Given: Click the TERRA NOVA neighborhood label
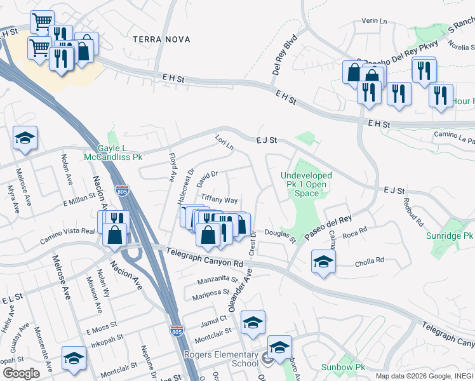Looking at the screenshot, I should pyautogui.click(x=161, y=39).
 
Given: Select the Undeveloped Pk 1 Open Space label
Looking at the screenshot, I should pyautogui.click(x=306, y=184).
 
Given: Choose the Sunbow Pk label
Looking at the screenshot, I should pyautogui.click(x=342, y=367).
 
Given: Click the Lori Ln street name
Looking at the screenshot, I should pyautogui.click(x=224, y=142).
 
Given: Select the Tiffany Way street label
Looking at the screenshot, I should pyautogui.click(x=219, y=199).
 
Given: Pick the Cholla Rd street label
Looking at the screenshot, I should pyautogui.click(x=370, y=260).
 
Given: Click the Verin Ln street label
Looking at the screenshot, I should pyautogui.click(x=373, y=22).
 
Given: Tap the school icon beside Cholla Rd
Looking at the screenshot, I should pyautogui.click(x=323, y=260).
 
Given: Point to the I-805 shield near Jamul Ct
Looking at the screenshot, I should pyautogui.click(x=177, y=331).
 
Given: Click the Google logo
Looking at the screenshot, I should pyautogui.click(x=21, y=373).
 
